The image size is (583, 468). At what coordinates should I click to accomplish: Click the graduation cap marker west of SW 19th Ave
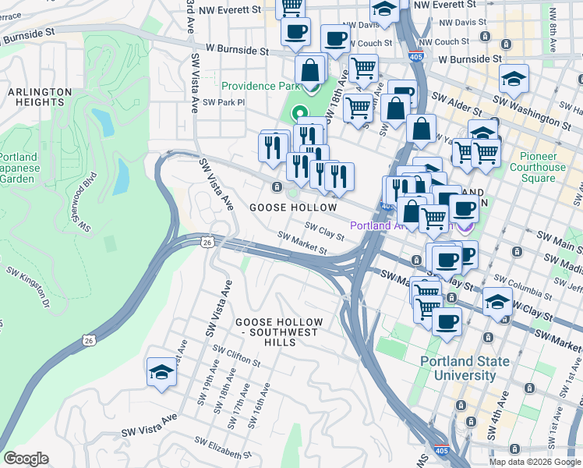(161, 371)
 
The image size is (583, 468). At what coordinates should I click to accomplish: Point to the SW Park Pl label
(224, 102)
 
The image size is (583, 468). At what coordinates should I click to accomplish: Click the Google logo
(26, 459)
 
